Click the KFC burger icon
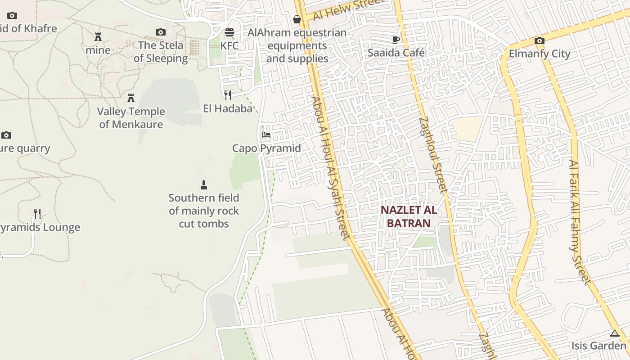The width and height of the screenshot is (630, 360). (x=229, y=32)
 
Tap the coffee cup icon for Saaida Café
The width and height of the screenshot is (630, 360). (x=396, y=40)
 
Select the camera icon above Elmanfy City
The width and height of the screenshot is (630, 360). (x=540, y=41)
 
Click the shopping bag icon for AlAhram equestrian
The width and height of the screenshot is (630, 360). (x=297, y=19)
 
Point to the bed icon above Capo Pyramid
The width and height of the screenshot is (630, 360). (x=266, y=135)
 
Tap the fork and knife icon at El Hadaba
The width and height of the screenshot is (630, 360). (x=228, y=95)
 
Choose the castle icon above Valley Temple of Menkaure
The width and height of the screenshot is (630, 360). (x=131, y=98)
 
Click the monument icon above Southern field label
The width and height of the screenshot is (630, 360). (x=204, y=184)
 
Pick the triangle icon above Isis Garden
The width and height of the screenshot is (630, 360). (x=615, y=333)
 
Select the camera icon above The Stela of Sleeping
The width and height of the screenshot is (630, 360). (x=161, y=32)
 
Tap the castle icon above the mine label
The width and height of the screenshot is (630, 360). (x=98, y=37)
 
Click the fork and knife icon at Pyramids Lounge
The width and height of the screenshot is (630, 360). (x=37, y=214)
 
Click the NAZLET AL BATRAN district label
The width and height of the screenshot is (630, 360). (x=409, y=216)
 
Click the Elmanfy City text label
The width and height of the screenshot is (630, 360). (x=540, y=54)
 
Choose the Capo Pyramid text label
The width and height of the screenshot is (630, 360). (x=266, y=148)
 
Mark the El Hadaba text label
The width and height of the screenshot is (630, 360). (x=228, y=108)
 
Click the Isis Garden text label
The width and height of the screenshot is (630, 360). (x=599, y=346)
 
